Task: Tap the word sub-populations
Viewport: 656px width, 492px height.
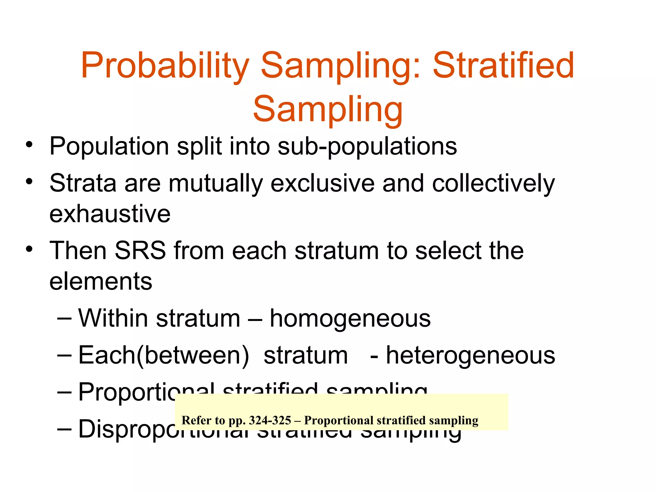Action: coord(367,147)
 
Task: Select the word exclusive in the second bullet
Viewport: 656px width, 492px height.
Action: coord(322,184)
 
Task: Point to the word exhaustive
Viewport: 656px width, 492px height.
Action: coord(110,214)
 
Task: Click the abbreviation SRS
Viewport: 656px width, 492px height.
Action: coord(140,250)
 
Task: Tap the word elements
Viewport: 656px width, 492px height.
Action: coord(101,282)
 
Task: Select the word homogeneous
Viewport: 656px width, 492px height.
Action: coord(350,319)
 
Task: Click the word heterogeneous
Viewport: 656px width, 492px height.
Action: coord(470,356)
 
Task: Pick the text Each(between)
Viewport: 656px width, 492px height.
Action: coord(163,356)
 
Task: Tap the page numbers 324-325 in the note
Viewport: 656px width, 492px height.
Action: coord(270,420)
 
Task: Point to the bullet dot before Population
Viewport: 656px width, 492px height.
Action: coord(29,145)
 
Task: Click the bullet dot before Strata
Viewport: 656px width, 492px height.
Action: coord(29,182)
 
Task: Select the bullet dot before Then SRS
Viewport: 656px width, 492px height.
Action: coord(29,249)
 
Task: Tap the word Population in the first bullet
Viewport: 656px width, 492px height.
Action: coord(109,147)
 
